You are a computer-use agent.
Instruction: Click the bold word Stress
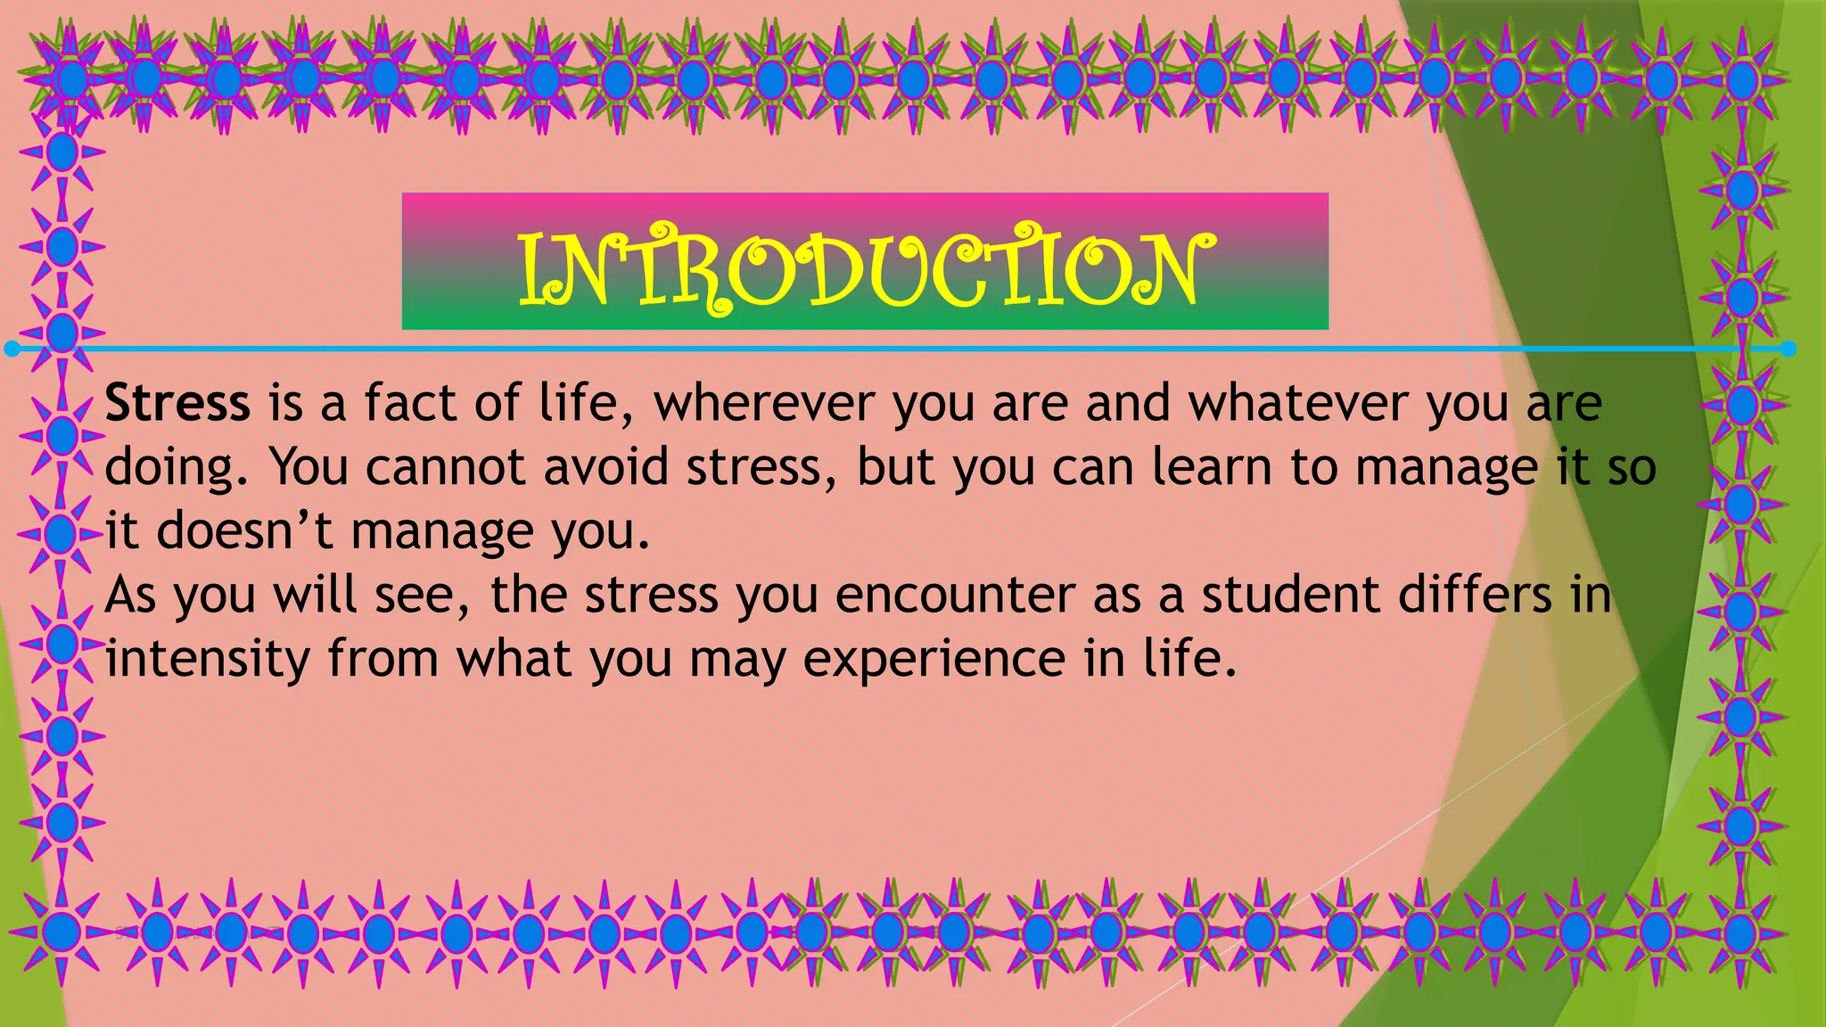(177, 403)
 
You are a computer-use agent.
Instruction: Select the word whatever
(1298, 403)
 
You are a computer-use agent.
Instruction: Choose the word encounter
(955, 596)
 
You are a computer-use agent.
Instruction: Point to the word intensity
(207, 660)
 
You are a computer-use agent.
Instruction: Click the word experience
(934, 660)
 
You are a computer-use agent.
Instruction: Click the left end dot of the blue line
(12, 349)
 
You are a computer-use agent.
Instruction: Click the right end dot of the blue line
(1788, 349)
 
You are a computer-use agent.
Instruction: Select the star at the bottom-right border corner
(1740, 933)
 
